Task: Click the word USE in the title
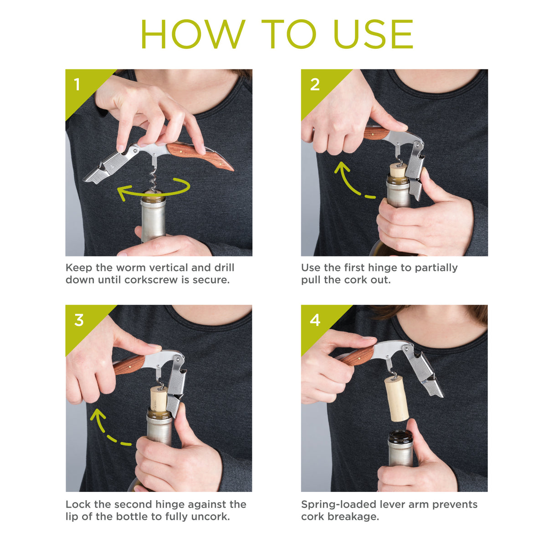tap(373, 35)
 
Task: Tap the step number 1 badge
tap(77, 85)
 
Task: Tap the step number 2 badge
tap(314, 85)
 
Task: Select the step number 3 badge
tap(79, 320)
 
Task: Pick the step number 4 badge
tap(315, 320)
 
